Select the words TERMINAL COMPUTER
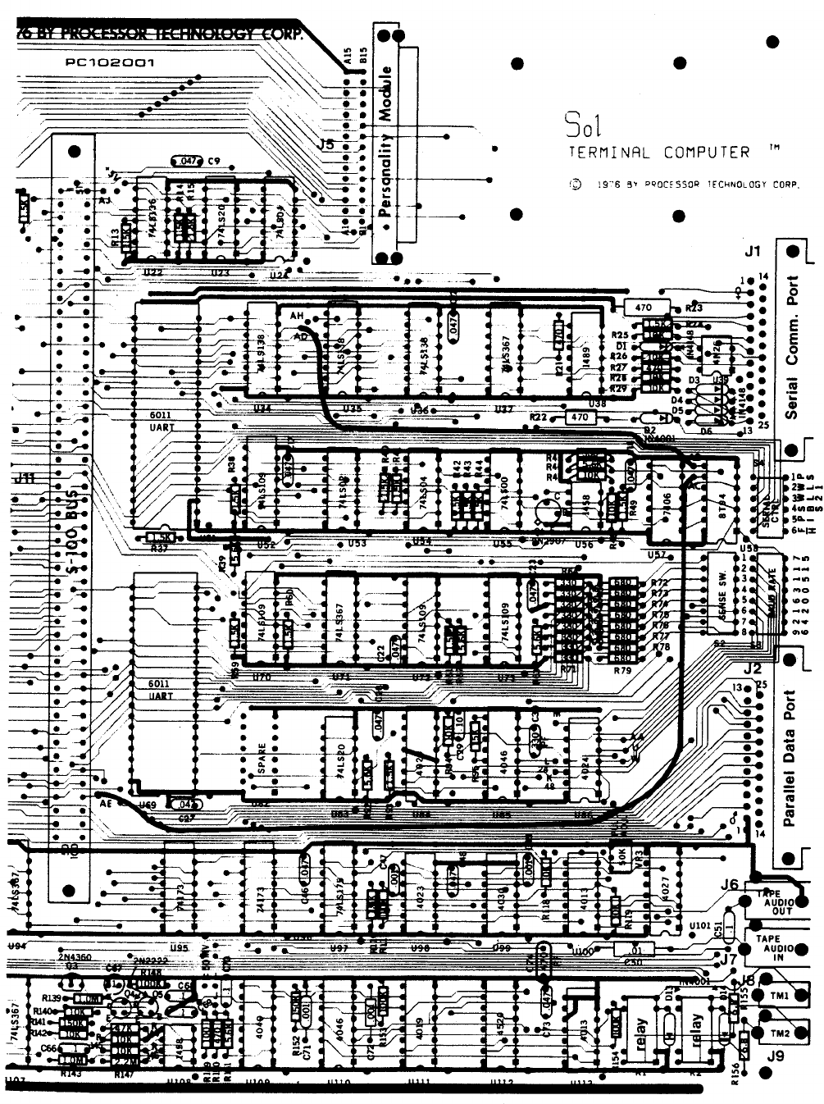point(658,153)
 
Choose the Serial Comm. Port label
point(792,346)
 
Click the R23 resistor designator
point(694,308)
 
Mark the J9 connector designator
point(775,1056)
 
